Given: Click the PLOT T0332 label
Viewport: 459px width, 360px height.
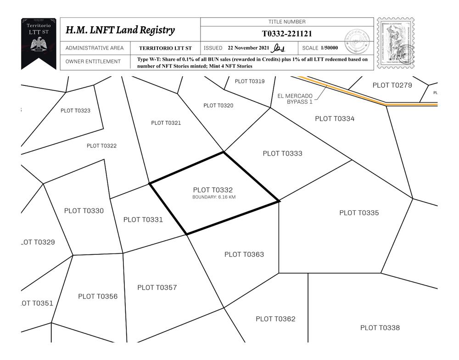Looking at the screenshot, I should click(x=213, y=190).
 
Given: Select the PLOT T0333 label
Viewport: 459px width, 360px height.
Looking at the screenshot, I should click(x=282, y=153).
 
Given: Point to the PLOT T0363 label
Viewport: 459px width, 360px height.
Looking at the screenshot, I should click(x=244, y=254).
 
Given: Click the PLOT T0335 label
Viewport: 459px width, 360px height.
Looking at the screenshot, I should click(x=359, y=213).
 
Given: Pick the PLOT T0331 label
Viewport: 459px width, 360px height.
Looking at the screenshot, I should click(x=143, y=219).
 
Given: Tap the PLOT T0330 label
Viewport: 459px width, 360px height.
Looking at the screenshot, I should click(x=84, y=211).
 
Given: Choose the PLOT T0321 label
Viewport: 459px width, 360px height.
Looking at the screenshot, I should click(x=166, y=123).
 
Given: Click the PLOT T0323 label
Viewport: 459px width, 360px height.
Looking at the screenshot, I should click(x=75, y=111).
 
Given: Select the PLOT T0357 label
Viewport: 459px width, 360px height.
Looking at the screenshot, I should click(x=157, y=287).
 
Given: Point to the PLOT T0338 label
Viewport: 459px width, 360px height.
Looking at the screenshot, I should click(x=380, y=327).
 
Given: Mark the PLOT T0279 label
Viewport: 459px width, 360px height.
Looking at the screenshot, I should click(x=392, y=85).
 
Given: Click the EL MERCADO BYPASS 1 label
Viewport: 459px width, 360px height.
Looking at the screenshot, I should click(x=295, y=99).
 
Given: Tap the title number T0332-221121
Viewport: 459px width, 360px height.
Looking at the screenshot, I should click(x=287, y=34).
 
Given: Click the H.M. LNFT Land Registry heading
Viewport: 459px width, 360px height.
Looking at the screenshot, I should click(x=120, y=30).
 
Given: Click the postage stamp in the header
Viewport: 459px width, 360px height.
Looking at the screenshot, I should click(x=395, y=43).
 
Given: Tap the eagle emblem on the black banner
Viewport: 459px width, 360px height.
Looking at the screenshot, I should click(x=39, y=45).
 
